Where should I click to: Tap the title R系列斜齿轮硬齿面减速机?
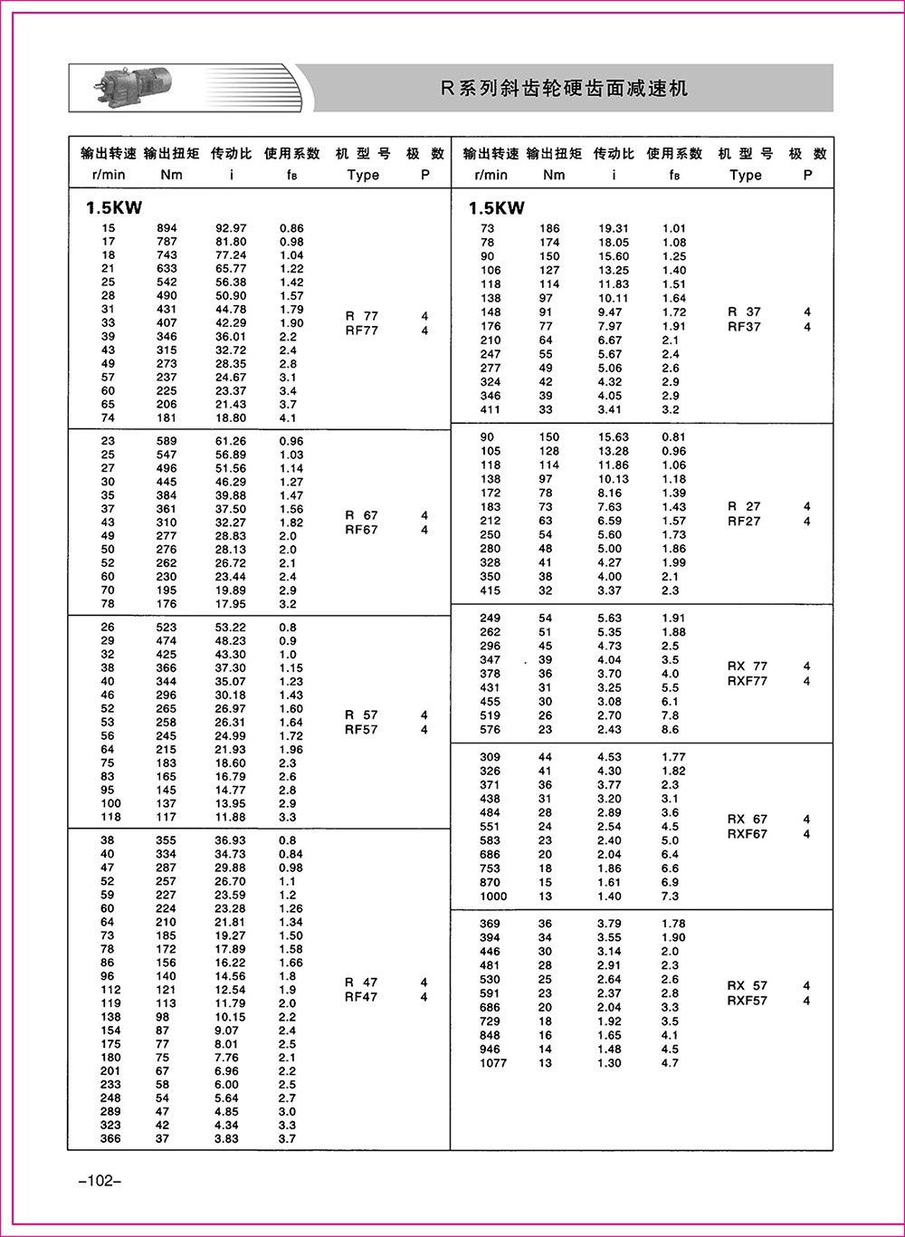[x=564, y=89]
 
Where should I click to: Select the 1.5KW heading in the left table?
[x=114, y=207]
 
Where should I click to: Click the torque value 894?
[x=167, y=228]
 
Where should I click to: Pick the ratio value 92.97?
[x=230, y=228]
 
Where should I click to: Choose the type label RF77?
[x=362, y=331]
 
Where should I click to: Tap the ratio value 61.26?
[x=230, y=441]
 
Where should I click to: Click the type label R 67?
[x=362, y=515]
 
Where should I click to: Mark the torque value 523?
[x=167, y=627]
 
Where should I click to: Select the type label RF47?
[x=362, y=997]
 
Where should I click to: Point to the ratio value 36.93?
[x=230, y=840]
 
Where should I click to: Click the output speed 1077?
[x=493, y=1063]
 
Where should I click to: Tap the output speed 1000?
[x=493, y=897]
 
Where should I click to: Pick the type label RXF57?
[x=748, y=1001]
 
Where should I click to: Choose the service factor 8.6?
[x=670, y=729]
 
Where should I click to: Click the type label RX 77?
[x=748, y=666]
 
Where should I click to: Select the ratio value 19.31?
[x=613, y=228]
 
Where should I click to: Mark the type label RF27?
[x=745, y=522]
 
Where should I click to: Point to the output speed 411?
[x=491, y=409]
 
